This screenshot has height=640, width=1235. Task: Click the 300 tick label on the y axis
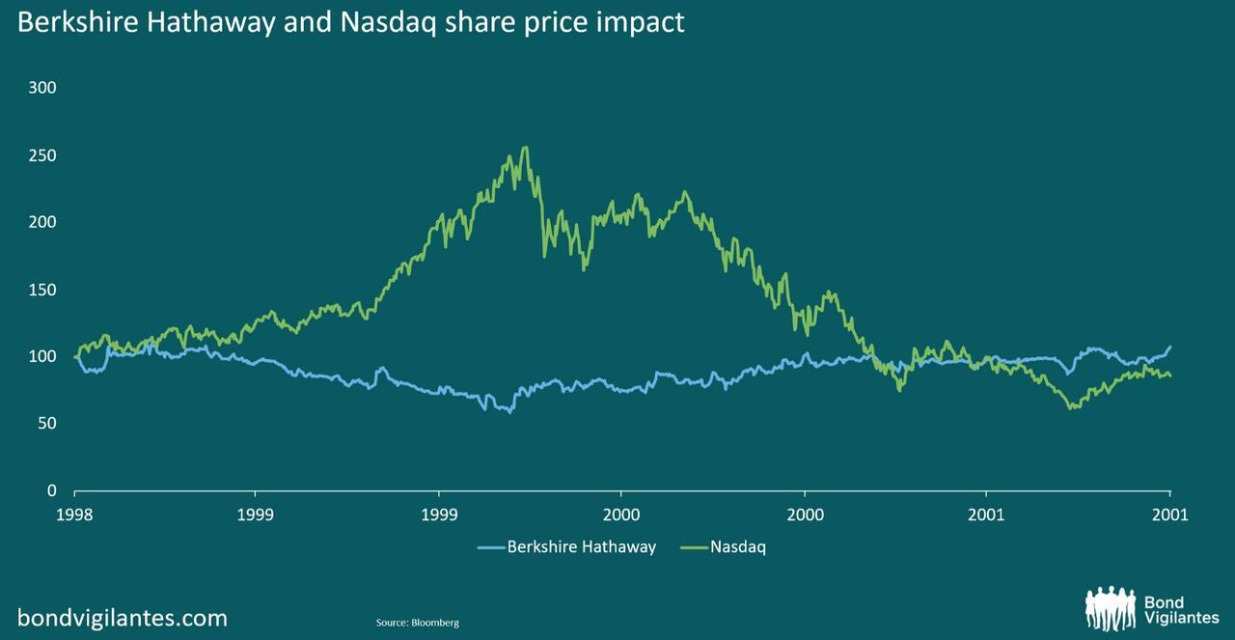43,88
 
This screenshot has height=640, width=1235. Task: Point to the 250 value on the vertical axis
43,155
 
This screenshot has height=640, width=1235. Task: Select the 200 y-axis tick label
43,222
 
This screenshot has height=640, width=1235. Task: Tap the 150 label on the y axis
43,290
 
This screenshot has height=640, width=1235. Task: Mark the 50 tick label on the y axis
47,424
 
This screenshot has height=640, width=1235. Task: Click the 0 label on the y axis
52,490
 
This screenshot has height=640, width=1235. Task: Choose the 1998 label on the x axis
74,515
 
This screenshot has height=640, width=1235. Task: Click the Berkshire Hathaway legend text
581,547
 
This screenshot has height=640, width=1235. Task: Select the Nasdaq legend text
738,547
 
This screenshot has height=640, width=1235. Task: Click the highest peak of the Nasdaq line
525,148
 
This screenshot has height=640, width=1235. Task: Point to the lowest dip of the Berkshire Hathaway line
510,411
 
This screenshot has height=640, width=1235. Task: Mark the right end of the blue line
1170,347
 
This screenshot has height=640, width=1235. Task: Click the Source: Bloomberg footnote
417,623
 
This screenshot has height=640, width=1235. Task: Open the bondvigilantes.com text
123,618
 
